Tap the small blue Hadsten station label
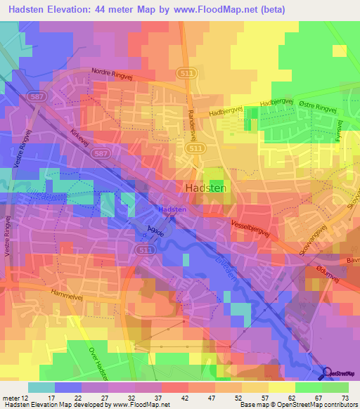(172, 209)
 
